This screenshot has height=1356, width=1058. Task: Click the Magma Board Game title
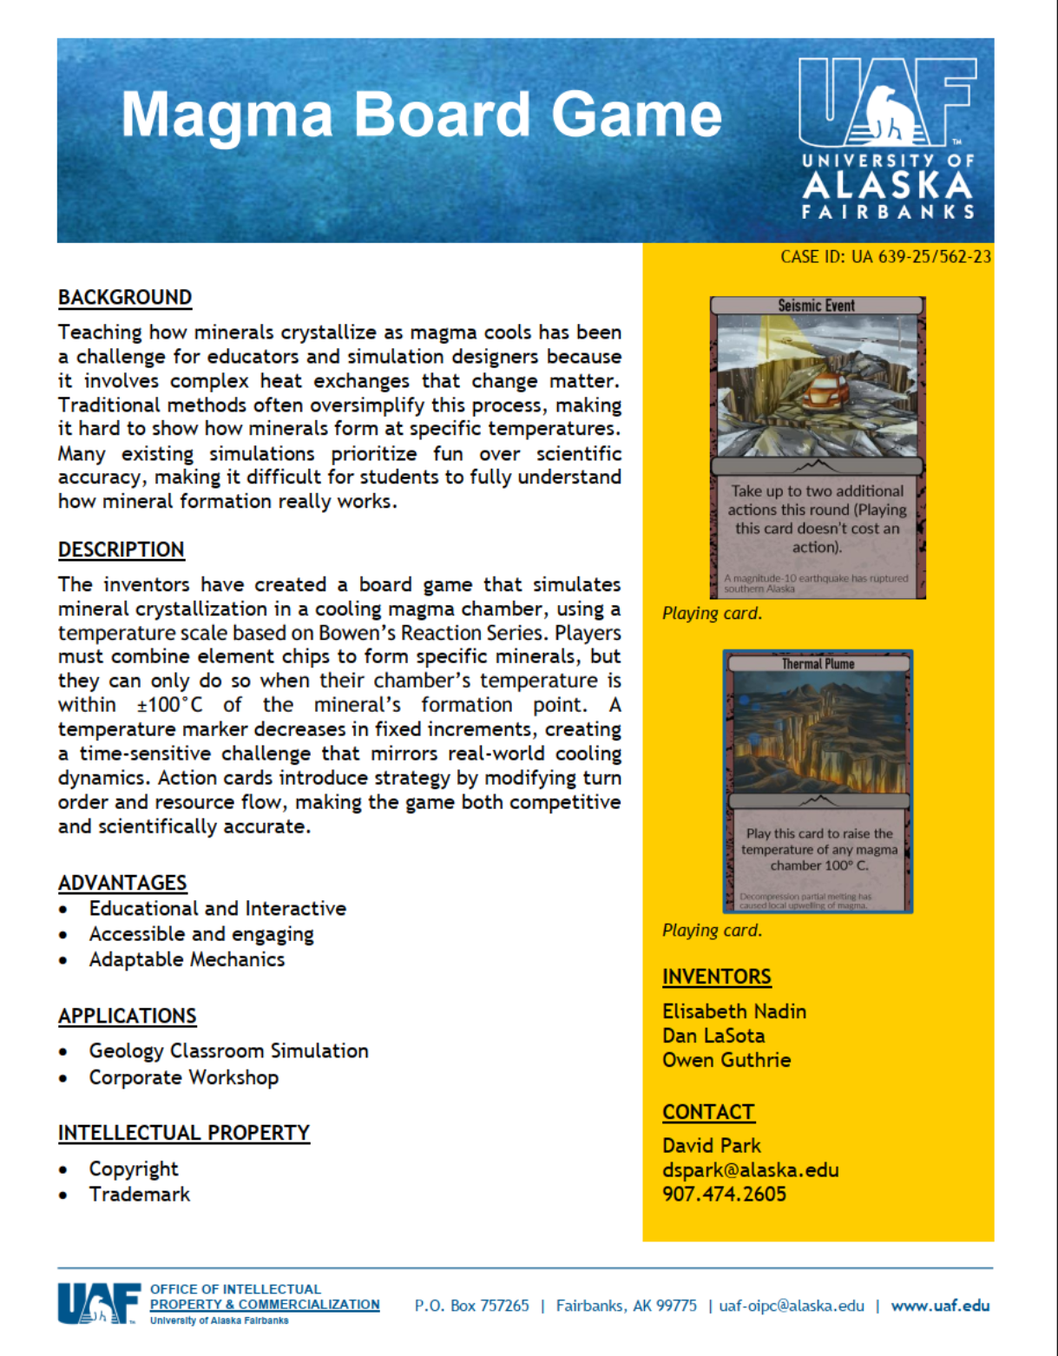pyautogui.click(x=421, y=115)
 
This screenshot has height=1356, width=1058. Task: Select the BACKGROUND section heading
pyautogui.click(x=125, y=298)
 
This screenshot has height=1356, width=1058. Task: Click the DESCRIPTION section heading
pyautogui.click(x=122, y=550)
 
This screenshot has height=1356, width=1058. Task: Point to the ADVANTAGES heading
pyautogui.click(x=122, y=883)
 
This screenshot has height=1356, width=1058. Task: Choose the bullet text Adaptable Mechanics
pyautogui.click(x=187, y=959)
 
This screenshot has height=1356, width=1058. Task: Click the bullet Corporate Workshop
pyautogui.click(x=184, y=1077)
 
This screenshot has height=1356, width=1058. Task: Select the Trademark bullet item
pyautogui.click(x=140, y=1195)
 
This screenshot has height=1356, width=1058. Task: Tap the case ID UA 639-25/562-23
pyautogui.click(x=885, y=257)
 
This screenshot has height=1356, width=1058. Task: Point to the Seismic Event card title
pyautogui.click(x=816, y=306)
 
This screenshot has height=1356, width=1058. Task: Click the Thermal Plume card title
pyautogui.click(x=818, y=664)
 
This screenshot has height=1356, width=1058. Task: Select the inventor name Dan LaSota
pyautogui.click(x=713, y=1036)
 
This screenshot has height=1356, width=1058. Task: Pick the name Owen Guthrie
pyautogui.click(x=726, y=1060)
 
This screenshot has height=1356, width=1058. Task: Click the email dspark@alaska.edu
pyautogui.click(x=751, y=1170)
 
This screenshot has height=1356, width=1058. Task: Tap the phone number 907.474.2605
pyautogui.click(x=724, y=1195)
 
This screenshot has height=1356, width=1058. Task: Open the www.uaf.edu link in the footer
pyautogui.click(x=940, y=1306)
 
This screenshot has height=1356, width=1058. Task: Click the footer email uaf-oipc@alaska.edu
pyautogui.click(x=792, y=1306)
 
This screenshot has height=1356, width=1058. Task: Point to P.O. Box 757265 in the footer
pyautogui.click(x=471, y=1306)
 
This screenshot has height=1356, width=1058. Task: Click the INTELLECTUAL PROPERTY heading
pyautogui.click(x=184, y=1133)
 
